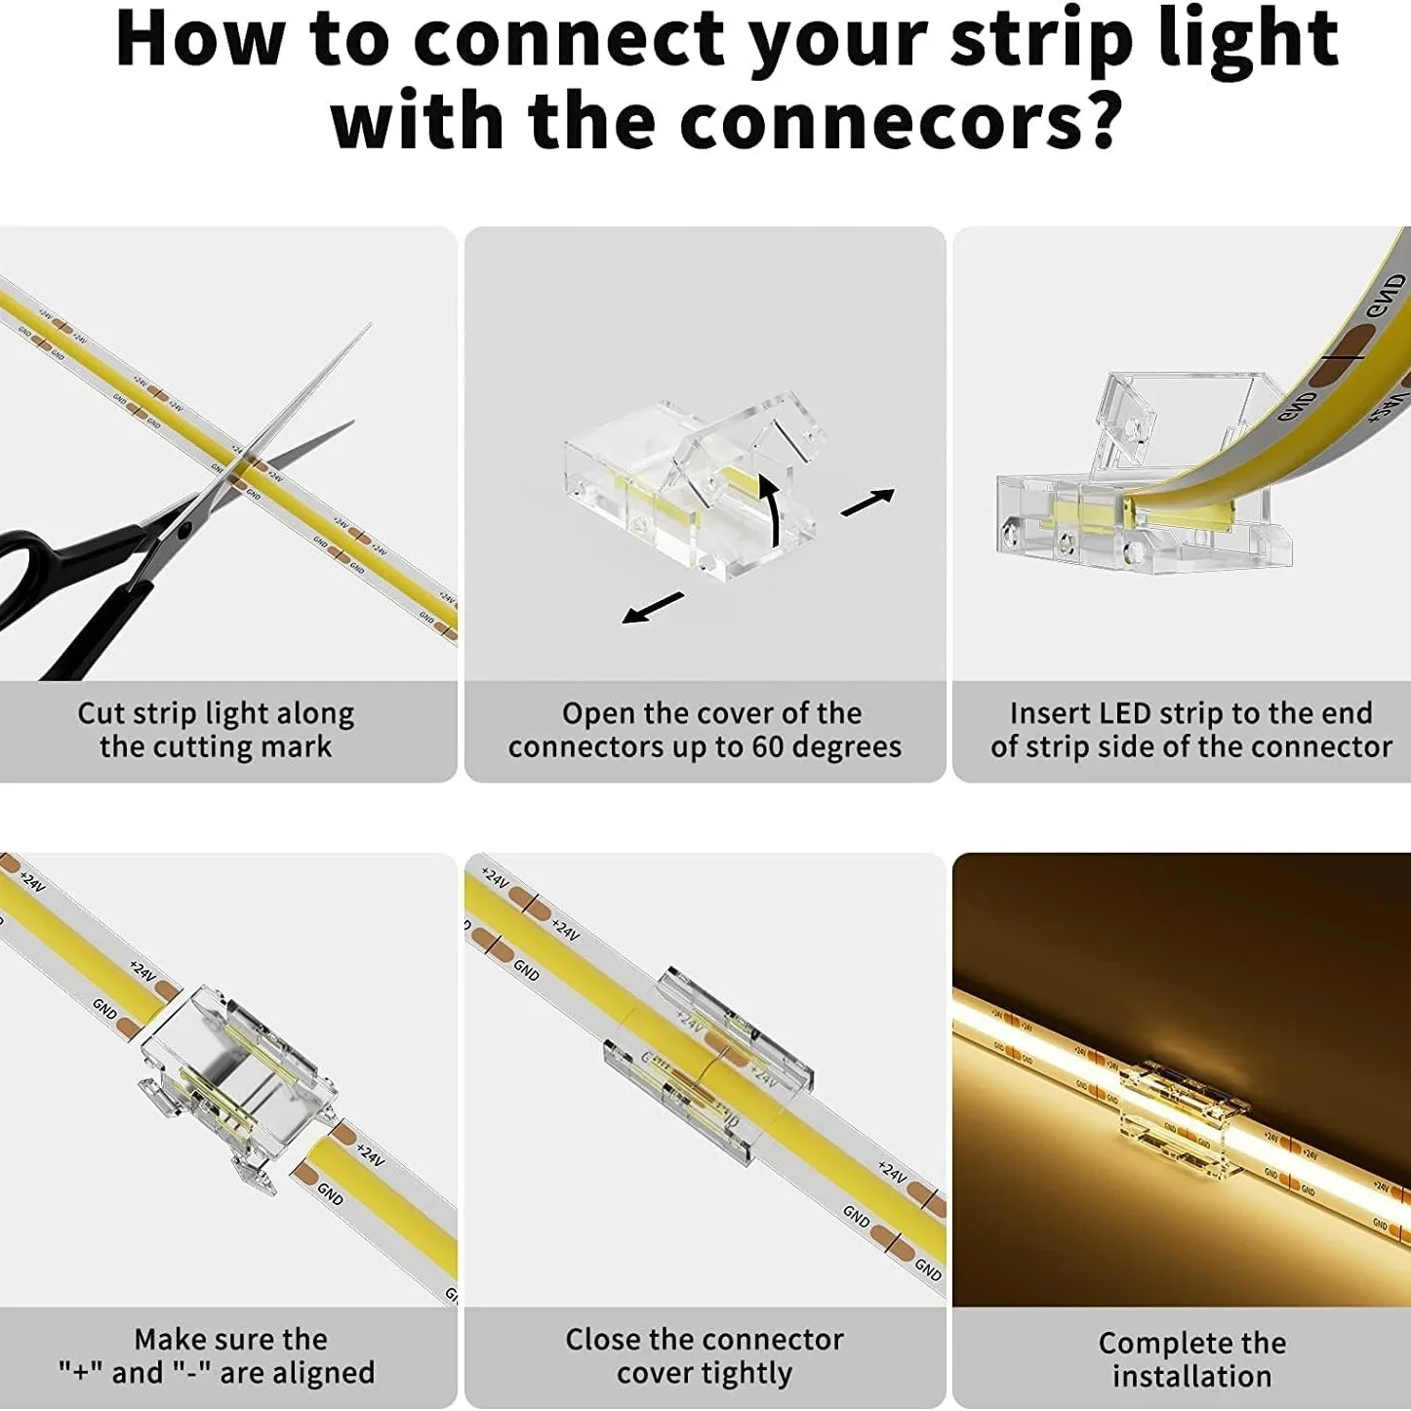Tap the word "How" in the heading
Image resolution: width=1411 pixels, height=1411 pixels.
click(200, 39)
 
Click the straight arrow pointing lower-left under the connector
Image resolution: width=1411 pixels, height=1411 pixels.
click(653, 607)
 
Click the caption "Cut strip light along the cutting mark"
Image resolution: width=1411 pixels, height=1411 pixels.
click(216, 730)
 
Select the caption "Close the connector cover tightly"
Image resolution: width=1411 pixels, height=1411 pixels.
click(705, 1355)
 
